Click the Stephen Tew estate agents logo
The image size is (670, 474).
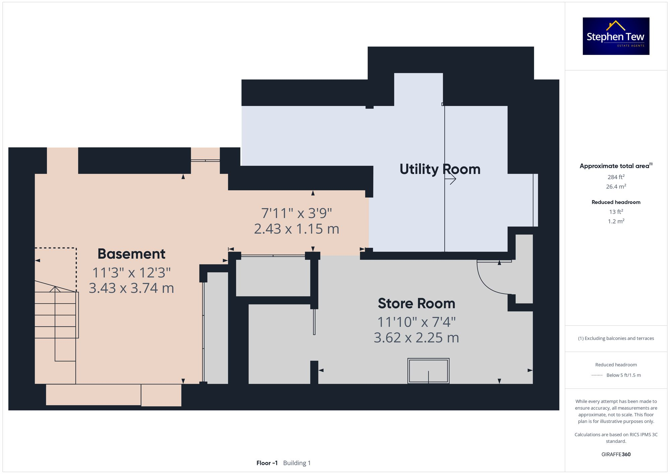coord(616,36)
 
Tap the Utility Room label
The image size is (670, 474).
coord(440,169)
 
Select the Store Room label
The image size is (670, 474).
coord(416,303)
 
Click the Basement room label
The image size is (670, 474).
coord(131,254)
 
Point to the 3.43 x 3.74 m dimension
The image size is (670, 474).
coord(131,288)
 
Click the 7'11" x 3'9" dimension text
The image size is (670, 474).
coord(296,213)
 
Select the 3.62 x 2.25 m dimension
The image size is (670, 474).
coord(416,338)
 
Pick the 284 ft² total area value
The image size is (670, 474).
coord(616,177)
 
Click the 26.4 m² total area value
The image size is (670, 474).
coord(616,187)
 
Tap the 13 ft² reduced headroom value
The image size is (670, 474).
coord(616,212)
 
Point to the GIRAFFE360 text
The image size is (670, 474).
coord(616,455)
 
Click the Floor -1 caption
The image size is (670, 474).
coord(267,463)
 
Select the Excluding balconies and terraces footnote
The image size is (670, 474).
coord(616,338)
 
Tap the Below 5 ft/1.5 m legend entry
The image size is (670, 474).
coord(623,375)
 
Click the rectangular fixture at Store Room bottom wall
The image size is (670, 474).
coord(428,371)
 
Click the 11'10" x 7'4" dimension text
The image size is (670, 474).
coord(416,322)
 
